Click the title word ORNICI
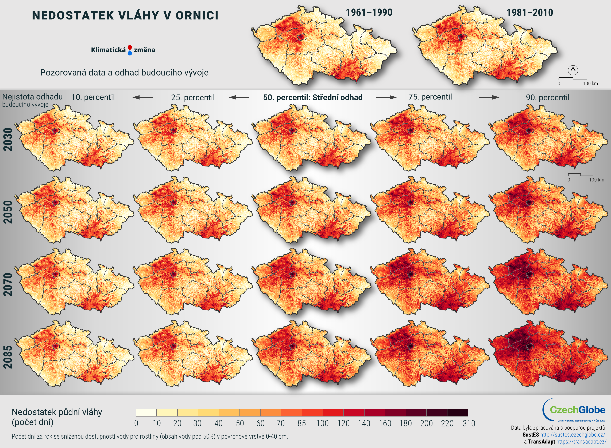[197, 15]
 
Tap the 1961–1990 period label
[369, 13]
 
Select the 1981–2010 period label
[529, 13]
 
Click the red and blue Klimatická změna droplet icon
[130, 50]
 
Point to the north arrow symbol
[573, 70]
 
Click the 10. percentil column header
[93, 97]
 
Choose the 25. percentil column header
[193, 97]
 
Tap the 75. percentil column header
[430, 97]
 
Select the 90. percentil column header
[547, 97]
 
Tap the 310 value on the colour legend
[469, 423]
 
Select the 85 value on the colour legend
[301, 423]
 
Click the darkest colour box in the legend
[458, 413]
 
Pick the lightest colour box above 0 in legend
[146, 413]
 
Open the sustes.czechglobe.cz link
[573, 435]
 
